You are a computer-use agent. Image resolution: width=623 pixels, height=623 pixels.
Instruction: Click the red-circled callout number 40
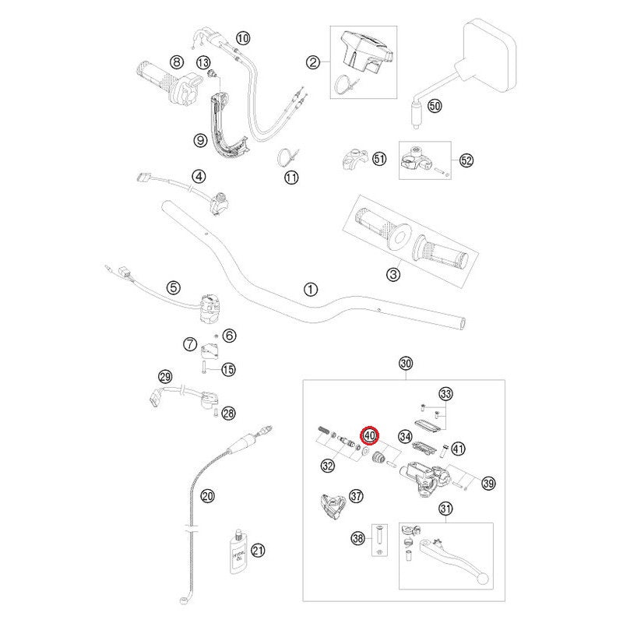pyautogui.click(x=369, y=435)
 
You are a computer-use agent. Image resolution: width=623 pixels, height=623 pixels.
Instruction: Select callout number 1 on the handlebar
pyautogui.click(x=310, y=289)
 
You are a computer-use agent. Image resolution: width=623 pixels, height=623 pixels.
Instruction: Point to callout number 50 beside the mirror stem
pyautogui.click(x=435, y=106)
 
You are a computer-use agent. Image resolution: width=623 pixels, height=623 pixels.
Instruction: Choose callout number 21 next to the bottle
pyautogui.click(x=258, y=551)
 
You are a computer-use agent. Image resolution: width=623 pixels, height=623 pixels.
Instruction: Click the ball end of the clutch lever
pyautogui.click(x=483, y=579)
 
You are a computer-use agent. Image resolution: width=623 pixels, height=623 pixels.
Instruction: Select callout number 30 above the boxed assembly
pyautogui.click(x=405, y=363)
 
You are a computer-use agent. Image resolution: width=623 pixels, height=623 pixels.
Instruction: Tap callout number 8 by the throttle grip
pyautogui.click(x=177, y=62)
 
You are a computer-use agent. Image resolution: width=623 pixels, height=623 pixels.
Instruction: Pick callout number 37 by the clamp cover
pyautogui.click(x=356, y=495)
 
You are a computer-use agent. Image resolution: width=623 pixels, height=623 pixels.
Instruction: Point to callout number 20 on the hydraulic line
pyautogui.click(x=207, y=495)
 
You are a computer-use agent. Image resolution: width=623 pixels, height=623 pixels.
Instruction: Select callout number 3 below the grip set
pyautogui.click(x=393, y=274)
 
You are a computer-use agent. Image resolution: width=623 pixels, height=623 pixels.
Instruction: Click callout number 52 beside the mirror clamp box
pyautogui.click(x=466, y=160)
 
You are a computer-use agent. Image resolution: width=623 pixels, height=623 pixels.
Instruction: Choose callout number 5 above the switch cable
pyautogui.click(x=173, y=287)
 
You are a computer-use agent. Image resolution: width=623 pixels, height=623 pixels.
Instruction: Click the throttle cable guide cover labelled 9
pyautogui.click(x=228, y=127)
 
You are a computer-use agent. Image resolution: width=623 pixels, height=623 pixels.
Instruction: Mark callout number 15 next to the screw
pyautogui.click(x=228, y=369)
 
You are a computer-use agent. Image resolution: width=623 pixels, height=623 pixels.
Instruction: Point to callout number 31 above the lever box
pyautogui.click(x=445, y=509)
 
